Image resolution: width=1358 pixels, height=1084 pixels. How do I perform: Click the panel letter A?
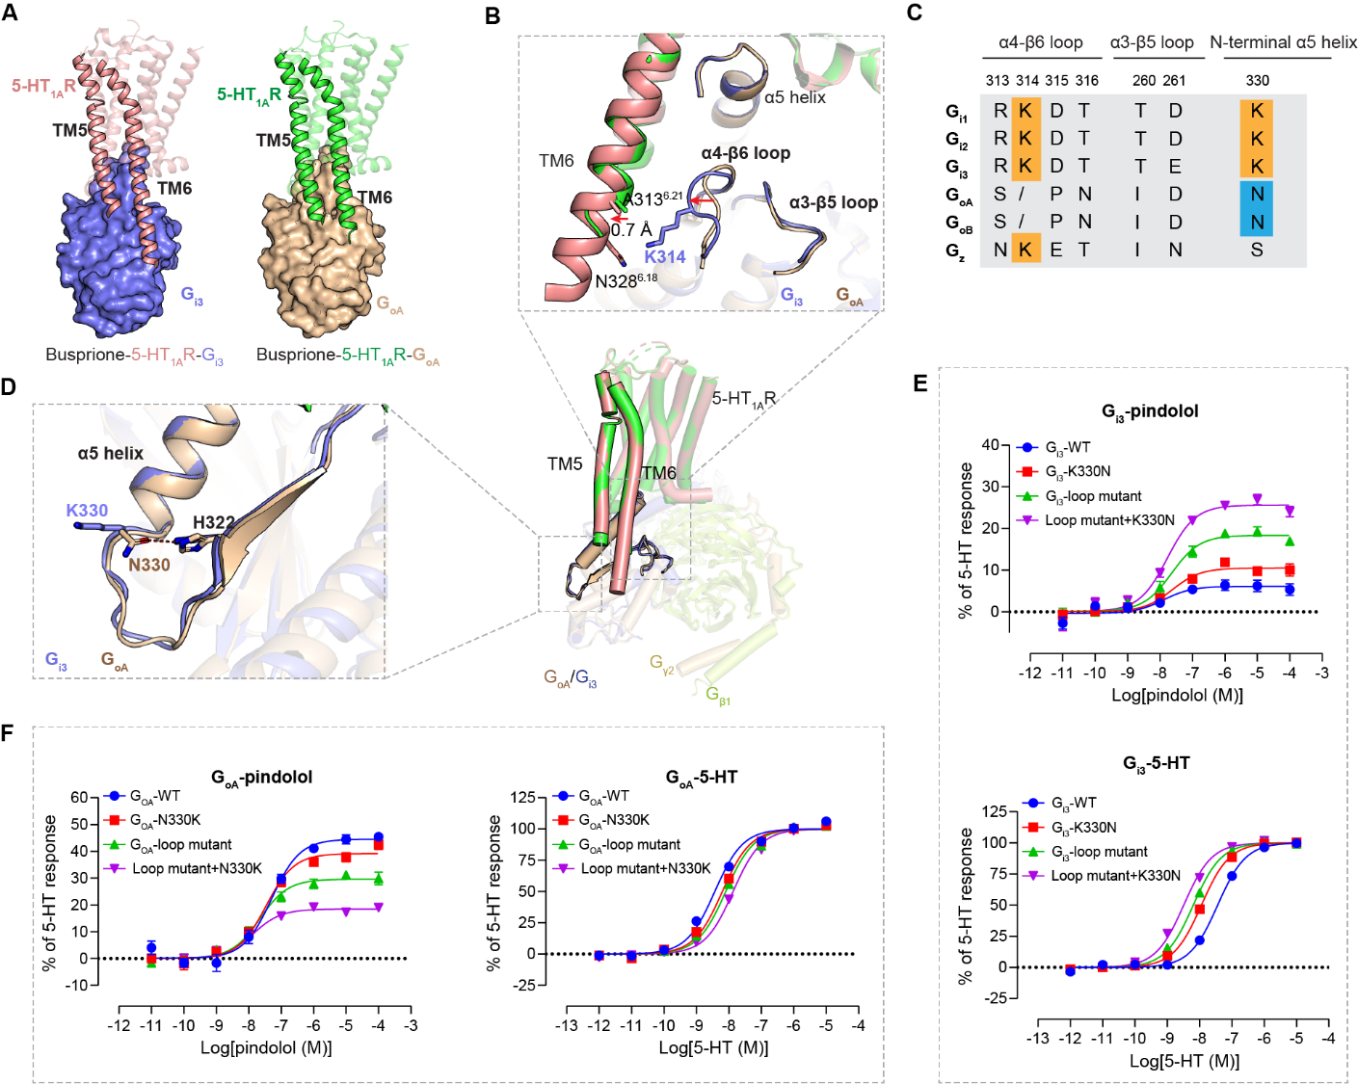(x=10, y=13)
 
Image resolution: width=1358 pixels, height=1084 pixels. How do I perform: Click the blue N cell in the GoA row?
(x=1257, y=194)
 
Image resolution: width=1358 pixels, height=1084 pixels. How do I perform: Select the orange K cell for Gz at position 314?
(x=1025, y=250)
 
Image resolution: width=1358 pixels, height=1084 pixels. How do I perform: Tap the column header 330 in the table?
(x=1257, y=81)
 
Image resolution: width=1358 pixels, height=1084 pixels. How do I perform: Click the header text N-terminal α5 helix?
(x=1283, y=42)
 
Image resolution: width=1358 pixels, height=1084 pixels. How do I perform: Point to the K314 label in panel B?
(x=665, y=256)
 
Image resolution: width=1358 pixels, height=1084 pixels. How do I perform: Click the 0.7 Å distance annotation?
(x=632, y=229)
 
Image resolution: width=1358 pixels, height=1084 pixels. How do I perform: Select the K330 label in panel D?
(x=87, y=510)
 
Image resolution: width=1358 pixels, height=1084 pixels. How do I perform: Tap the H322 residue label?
(x=213, y=522)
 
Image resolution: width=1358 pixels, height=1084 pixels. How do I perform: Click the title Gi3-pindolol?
(x=1150, y=411)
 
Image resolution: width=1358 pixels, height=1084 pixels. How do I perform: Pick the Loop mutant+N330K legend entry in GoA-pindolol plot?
(x=197, y=868)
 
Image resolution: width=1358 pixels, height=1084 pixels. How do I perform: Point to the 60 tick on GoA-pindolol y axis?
(x=79, y=797)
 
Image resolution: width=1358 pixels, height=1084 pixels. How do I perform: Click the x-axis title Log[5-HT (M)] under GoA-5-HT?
(x=713, y=1047)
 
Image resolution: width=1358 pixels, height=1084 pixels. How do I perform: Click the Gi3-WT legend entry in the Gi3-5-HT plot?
(x=1073, y=803)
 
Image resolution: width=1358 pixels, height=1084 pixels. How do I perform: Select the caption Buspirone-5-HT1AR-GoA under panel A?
(x=348, y=356)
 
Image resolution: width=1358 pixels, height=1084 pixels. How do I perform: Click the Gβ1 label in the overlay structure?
(x=719, y=695)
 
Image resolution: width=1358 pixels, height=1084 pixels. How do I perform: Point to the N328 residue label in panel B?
(x=626, y=281)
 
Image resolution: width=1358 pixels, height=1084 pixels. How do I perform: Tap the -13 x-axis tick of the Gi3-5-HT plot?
(x=1037, y=1038)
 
